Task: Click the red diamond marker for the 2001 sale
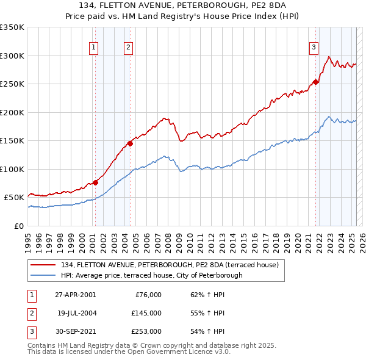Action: [x=95, y=182]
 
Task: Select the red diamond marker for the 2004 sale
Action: [x=130, y=144]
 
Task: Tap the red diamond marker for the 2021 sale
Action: [x=316, y=82]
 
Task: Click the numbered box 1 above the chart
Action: [x=94, y=48]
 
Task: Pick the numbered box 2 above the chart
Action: [x=129, y=48]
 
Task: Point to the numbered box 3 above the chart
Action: [x=314, y=48]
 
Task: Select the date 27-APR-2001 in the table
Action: [x=75, y=295]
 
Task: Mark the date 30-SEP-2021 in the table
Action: [x=75, y=331]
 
